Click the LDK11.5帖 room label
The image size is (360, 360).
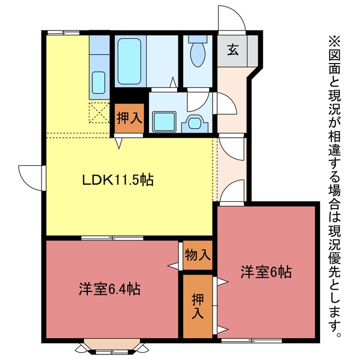pyautogui.click(x=118, y=180)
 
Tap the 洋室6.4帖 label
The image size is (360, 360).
pyautogui.click(x=109, y=289)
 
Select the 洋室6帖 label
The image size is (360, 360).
pyautogui.click(x=266, y=272)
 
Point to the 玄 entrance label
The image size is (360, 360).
pyautogui.click(x=233, y=50)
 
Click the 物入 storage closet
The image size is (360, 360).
pyautogui.click(x=197, y=255)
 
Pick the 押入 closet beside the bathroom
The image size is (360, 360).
pyautogui.click(x=129, y=118)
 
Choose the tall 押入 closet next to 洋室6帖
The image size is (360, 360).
pyautogui.click(x=197, y=307)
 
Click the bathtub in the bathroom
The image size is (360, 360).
pyautogui.click(x=129, y=61)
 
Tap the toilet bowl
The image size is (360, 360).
pyautogui.click(x=198, y=55)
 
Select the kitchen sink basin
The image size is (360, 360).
pyautogui.click(x=99, y=82)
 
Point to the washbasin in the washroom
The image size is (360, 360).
pyautogui.click(x=195, y=123)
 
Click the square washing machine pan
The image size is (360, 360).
pyautogui.click(x=164, y=121)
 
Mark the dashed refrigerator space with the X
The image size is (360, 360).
pyautogui.click(x=99, y=112)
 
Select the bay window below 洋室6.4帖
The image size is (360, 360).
pyautogui.click(x=112, y=346)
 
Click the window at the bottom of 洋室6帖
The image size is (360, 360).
pyautogui.click(x=251, y=341)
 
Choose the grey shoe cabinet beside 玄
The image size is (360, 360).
pyautogui.click(x=253, y=51)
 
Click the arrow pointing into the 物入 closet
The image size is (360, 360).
pyautogui.click(x=173, y=266)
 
